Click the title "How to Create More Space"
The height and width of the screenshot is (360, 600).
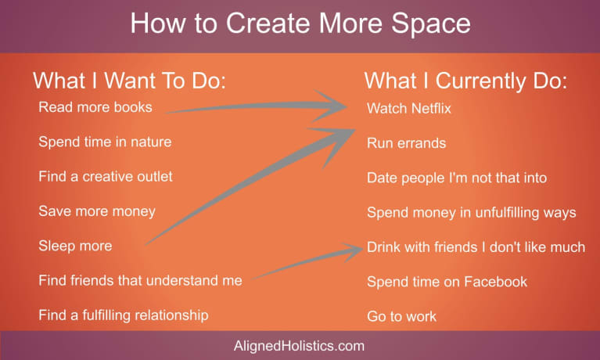(300, 23)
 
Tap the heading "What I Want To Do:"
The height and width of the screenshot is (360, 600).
(129, 81)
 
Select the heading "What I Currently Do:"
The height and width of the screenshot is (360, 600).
(465, 81)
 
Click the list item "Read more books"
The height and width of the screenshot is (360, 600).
(95, 107)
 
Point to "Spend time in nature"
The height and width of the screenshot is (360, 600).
(105, 142)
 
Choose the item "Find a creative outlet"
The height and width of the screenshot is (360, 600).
(106, 176)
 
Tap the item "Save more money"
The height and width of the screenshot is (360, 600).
(97, 211)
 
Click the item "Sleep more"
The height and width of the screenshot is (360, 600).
(75, 246)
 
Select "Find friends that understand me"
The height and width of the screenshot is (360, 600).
(141, 280)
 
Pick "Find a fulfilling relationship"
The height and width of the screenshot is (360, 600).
(124, 315)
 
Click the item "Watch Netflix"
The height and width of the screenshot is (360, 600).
(409, 108)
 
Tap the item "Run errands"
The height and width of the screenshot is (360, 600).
(406, 143)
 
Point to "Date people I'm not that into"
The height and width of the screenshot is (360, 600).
(457, 178)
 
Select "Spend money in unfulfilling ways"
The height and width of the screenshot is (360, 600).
(472, 213)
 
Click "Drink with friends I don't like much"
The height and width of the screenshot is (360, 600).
(476, 247)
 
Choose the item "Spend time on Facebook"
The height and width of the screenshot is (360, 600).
(447, 282)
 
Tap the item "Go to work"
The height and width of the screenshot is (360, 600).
(401, 316)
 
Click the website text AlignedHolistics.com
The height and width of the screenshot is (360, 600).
(299, 346)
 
